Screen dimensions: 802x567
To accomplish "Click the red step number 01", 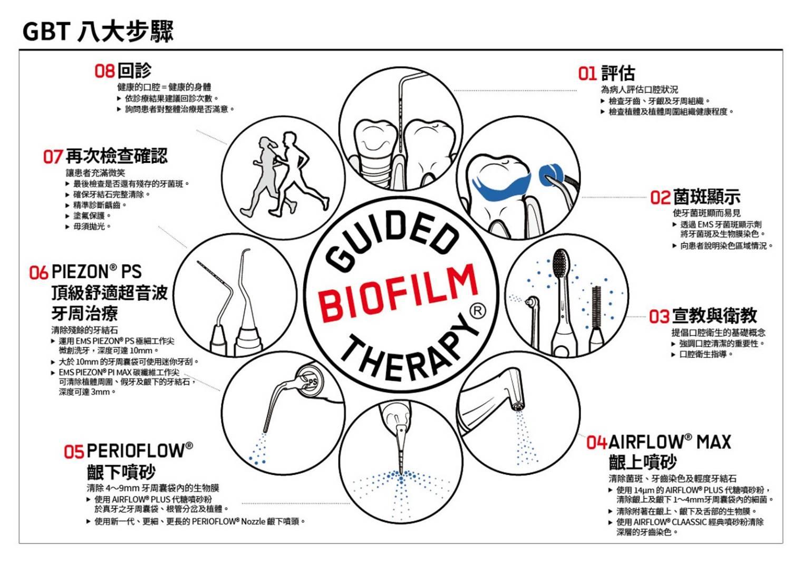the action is click(x=587, y=74).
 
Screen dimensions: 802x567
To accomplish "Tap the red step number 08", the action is click(x=104, y=71).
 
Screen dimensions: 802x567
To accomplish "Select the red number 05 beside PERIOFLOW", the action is click(x=74, y=452).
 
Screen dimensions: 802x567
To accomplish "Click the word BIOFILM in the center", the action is click(x=398, y=292).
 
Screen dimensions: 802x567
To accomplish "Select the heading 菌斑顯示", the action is click(x=707, y=197).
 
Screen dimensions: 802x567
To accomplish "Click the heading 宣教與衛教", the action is click(x=714, y=316).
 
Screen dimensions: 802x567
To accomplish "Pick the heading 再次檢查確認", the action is click(x=117, y=156).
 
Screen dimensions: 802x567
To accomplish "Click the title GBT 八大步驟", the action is click(x=98, y=32).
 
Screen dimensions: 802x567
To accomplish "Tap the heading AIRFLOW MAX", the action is click(x=670, y=442).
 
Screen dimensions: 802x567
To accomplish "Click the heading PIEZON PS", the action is click(x=96, y=272).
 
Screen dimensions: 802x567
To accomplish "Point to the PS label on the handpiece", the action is click(x=313, y=382).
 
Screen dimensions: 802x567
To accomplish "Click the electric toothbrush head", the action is click(x=561, y=263).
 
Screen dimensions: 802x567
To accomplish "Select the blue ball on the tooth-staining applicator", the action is click(x=551, y=175).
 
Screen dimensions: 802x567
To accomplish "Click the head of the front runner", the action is click(x=290, y=138).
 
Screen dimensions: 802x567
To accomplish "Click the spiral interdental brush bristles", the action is click(x=596, y=307).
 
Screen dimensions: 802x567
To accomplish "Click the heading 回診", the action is click(x=134, y=70).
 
